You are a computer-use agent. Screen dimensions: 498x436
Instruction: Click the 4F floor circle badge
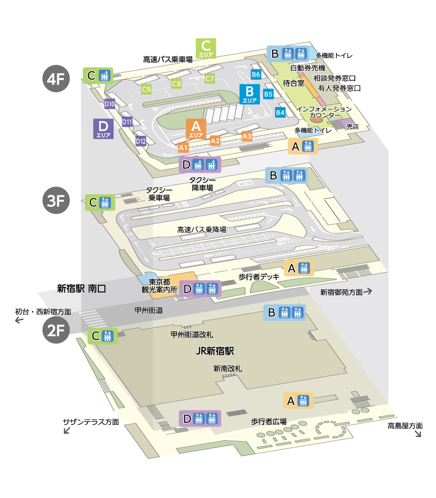point(56,79)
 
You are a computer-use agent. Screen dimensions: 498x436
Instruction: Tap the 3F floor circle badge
point(56,201)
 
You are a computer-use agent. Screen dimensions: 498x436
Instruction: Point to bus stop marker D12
point(140,141)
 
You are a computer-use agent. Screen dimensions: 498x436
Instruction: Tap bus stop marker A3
point(247,136)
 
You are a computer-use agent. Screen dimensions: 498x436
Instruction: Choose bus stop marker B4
point(280,112)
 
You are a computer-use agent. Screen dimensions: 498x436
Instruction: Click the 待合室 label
point(294,82)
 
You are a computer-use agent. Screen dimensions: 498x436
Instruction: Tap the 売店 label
point(353,126)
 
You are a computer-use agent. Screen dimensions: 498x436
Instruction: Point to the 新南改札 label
point(228,368)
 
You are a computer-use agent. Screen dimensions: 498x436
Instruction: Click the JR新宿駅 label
point(214,351)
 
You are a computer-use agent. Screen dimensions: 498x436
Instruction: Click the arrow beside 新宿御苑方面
point(368,291)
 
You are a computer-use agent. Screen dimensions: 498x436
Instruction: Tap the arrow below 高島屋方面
point(417,434)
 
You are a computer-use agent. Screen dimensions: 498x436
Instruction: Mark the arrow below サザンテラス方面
point(67,431)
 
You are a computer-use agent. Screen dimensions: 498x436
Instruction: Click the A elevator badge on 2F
point(298,401)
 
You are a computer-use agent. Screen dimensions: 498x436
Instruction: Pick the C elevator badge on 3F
point(100,202)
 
